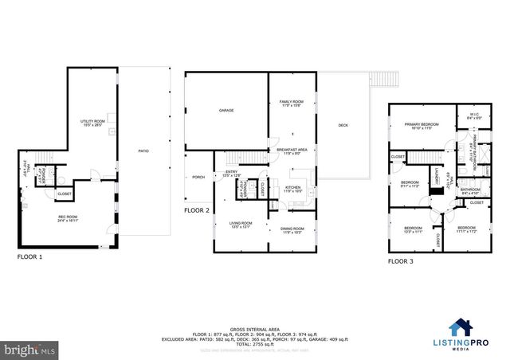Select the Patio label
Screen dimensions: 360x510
[x=144, y=151]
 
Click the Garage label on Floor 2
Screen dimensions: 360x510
[x=226, y=111]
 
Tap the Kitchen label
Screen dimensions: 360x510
[x=293, y=189]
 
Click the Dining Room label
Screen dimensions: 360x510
[x=292, y=230]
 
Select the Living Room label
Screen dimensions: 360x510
[x=241, y=224]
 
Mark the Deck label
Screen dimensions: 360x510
[x=343, y=125]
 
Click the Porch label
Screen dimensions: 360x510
[x=197, y=178]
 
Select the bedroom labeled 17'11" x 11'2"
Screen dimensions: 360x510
[x=466, y=229]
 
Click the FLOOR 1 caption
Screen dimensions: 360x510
[x=30, y=258]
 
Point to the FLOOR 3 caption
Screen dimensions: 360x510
[x=401, y=260]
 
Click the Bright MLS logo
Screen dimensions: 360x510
[x=29, y=350]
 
